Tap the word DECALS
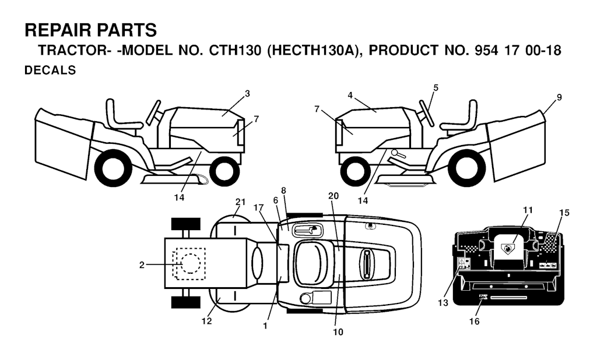(x=50, y=70)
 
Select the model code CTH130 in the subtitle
(x=235, y=51)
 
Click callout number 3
(x=247, y=94)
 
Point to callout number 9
(x=559, y=97)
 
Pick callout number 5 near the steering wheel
(x=436, y=88)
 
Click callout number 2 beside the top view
(x=142, y=265)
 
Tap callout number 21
(x=240, y=202)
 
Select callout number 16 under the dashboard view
(x=474, y=321)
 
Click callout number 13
(x=443, y=303)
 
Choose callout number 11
(x=528, y=210)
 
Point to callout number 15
(x=564, y=213)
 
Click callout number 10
(x=338, y=332)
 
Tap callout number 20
(x=333, y=196)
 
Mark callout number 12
(x=207, y=321)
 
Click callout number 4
(x=350, y=95)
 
